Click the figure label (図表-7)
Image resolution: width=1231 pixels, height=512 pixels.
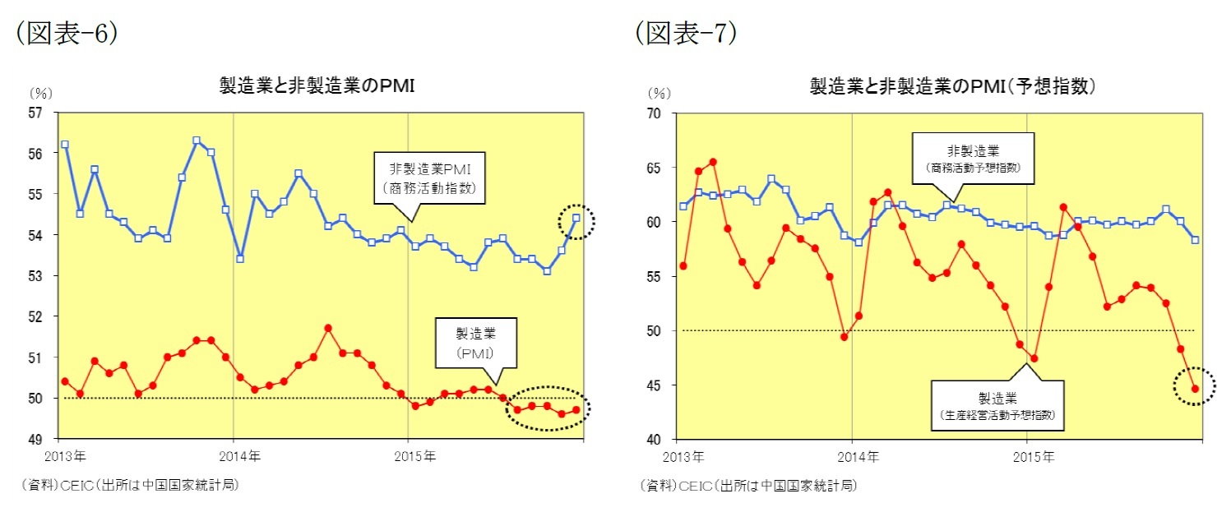685,32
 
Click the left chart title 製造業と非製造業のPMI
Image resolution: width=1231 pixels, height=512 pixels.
317,85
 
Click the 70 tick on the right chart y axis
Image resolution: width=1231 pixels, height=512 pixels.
655,113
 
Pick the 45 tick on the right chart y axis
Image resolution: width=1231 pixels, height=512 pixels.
655,385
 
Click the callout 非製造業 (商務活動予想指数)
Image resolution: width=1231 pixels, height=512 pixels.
972,158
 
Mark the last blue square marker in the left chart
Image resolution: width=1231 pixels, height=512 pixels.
576,218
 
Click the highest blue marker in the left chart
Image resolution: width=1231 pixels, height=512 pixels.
196,141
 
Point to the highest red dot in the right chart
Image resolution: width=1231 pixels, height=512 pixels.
713,162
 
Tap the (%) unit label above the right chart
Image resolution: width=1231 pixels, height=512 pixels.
659,93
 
